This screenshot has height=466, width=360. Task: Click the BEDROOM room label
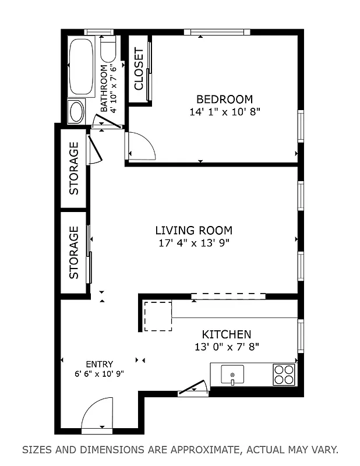(x=224, y=99)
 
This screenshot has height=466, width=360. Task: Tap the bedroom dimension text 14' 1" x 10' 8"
(x=224, y=112)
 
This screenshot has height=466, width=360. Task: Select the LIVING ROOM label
(x=193, y=230)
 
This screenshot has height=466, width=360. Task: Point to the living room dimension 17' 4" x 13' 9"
(x=193, y=243)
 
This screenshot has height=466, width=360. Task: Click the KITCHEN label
(x=226, y=334)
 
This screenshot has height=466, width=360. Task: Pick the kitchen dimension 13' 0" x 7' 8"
(x=226, y=347)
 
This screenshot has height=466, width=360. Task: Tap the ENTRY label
(x=99, y=364)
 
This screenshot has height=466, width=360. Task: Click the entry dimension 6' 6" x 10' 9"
(x=99, y=374)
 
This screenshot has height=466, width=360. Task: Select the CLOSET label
(x=139, y=69)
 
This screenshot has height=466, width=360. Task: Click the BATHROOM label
(x=104, y=89)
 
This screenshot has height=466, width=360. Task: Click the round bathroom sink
(x=76, y=111)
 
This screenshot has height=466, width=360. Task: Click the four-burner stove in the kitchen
(x=284, y=374)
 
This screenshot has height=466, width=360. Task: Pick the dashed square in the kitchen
(x=158, y=316)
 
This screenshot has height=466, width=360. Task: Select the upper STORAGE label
(x=74, y=168)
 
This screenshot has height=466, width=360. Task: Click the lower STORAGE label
(x=74, y=253)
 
